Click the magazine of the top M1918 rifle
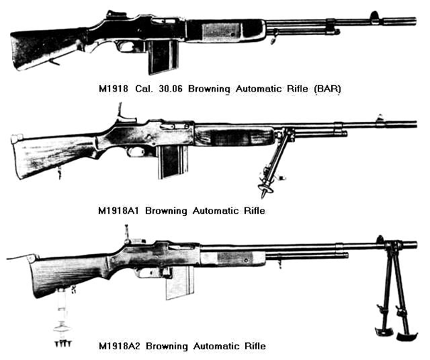click(x=163, y=56)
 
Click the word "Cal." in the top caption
click(x=144, y=89)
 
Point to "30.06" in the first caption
click(x=170, y=89)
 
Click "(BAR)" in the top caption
click(x=328, y=89)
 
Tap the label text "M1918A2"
click(x=119, y=346)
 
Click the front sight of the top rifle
click(x=375, y=16)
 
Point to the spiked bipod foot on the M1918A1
click(x=264, y=189)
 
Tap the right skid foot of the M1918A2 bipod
click(x=407, y=335)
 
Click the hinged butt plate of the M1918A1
click(x=17, y=139)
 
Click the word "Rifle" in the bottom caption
click(x=255, y=346)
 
